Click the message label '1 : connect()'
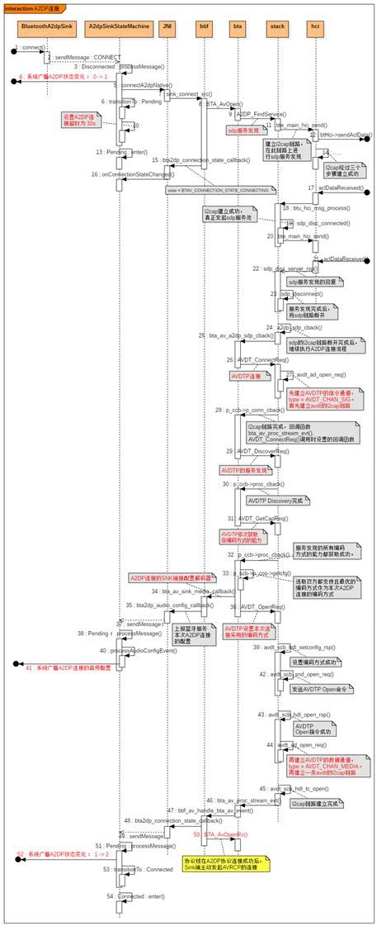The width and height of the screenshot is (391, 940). pyautogui.click(x=30, y=47)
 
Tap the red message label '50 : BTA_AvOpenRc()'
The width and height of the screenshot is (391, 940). pyautogui.click(x=221, y=834)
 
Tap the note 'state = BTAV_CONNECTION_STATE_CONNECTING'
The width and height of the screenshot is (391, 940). pyautogui.click(x=218, y=190)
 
